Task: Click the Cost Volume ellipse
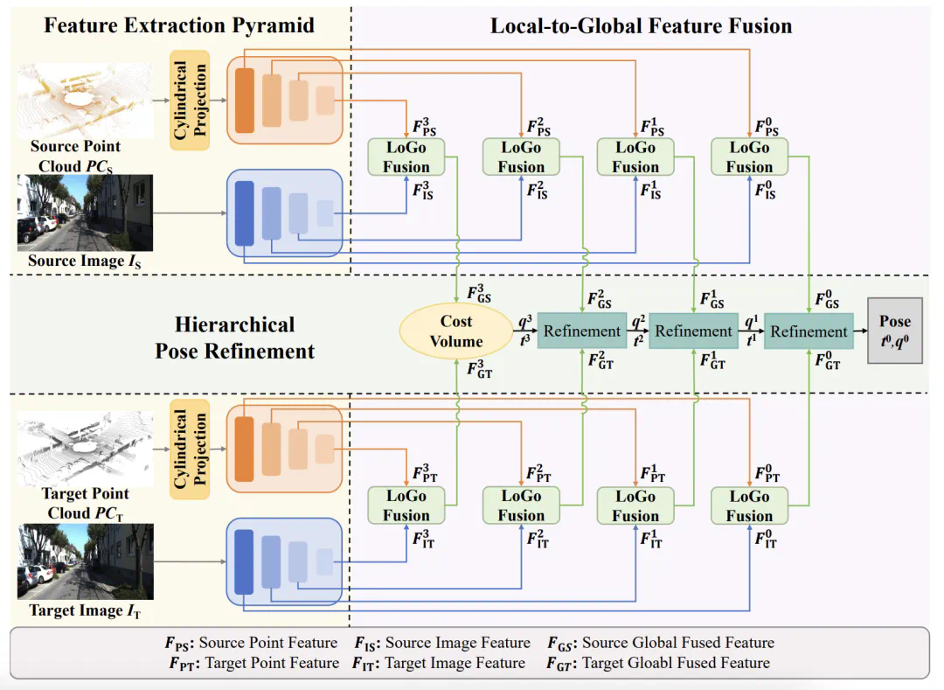pos(455,331)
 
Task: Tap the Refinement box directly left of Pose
pos(809,331)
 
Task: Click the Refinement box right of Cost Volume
pos(582,331)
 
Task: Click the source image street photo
pos(85,213)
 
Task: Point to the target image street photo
pos(85,561)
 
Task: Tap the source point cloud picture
pos(85,98)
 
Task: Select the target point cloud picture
pos(85,449)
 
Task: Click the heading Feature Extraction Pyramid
pos(179,24)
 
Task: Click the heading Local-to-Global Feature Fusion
pos(641,24)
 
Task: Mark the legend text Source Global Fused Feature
pos(677,643)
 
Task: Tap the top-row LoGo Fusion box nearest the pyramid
pos(406,157)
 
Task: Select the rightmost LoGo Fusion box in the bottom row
pos(749,505)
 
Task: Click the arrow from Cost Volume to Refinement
pos(523,331)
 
